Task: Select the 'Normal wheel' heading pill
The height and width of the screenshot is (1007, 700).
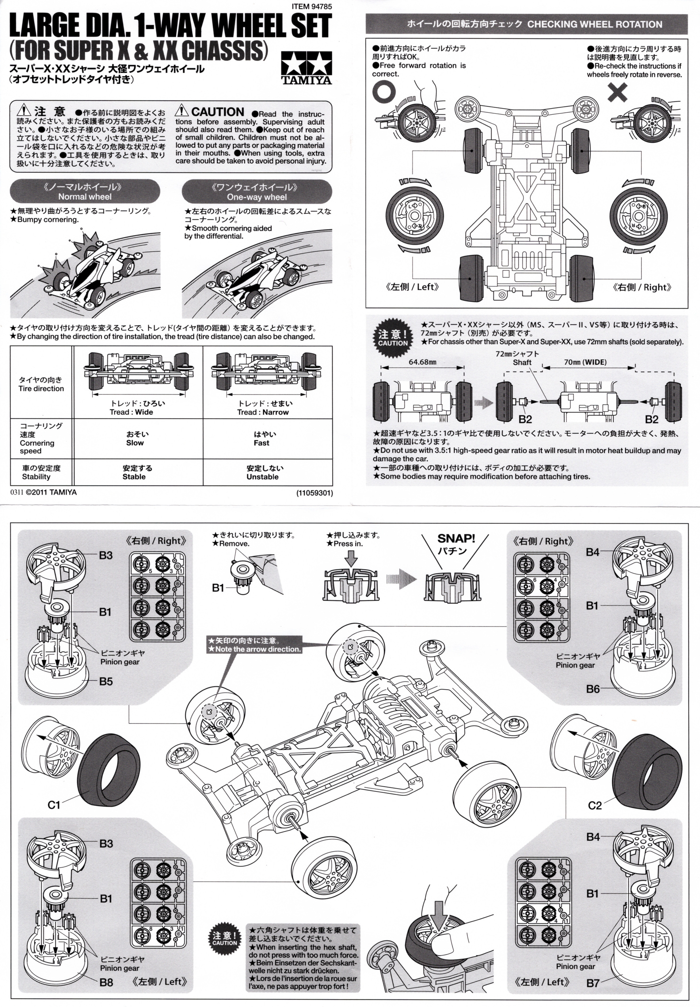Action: [x=85, y=192]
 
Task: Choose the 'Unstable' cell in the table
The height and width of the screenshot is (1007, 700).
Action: [x=263, y=472]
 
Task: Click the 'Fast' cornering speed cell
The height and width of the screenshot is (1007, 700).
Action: [x=262, y=438]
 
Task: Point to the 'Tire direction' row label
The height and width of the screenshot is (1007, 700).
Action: [x=41, y=384]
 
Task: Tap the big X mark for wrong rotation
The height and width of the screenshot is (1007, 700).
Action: [x=617, y=93]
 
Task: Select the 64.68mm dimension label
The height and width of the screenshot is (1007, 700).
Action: [x=422, y=362]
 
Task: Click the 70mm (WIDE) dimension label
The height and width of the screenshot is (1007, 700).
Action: [x=585, y=362]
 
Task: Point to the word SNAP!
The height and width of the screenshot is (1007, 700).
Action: [x=456, y=539]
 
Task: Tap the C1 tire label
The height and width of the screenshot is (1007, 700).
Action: [x=54, y=805]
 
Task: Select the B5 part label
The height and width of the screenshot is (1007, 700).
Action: [x=106, y=681]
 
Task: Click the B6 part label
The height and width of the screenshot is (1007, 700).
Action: [x=593, y=689]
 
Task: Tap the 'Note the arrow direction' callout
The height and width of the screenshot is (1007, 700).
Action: [x=254, y=645]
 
